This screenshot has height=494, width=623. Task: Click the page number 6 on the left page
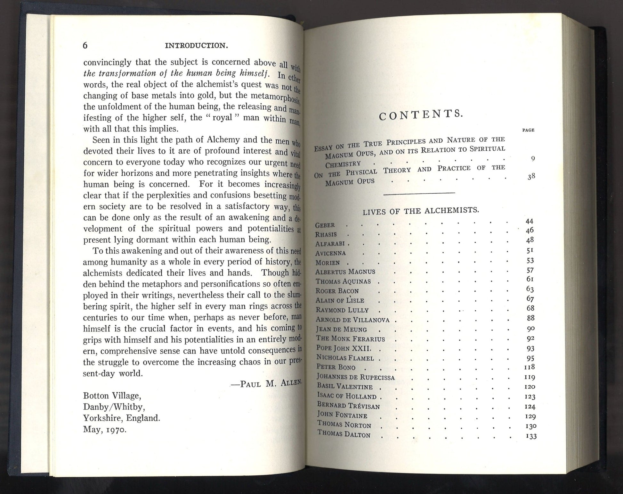tap(85, 46)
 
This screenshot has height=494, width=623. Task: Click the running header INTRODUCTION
tap(196, 46)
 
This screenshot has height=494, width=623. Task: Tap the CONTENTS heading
tap(421, 114)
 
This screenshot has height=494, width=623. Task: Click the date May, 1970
tap(105, 430)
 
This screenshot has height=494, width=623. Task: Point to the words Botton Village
tap(112, 396)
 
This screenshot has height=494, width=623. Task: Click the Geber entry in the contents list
tap(325, 225)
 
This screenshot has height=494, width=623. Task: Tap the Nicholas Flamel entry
tap(345, 357)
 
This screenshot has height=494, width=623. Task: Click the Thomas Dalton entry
tap(344, 434)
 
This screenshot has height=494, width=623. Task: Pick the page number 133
tap(531, 436)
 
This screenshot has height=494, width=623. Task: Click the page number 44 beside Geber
tap(530, 221)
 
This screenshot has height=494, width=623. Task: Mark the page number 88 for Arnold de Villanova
tap(530, 318)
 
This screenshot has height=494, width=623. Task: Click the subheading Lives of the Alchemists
tap(421, 211)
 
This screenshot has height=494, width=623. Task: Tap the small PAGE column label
tap(528, 130)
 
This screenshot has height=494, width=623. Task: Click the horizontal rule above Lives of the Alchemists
tap(419, 193)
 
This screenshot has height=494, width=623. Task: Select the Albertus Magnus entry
tap(345, 272)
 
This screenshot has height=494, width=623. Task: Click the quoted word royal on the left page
tap(222, 117)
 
